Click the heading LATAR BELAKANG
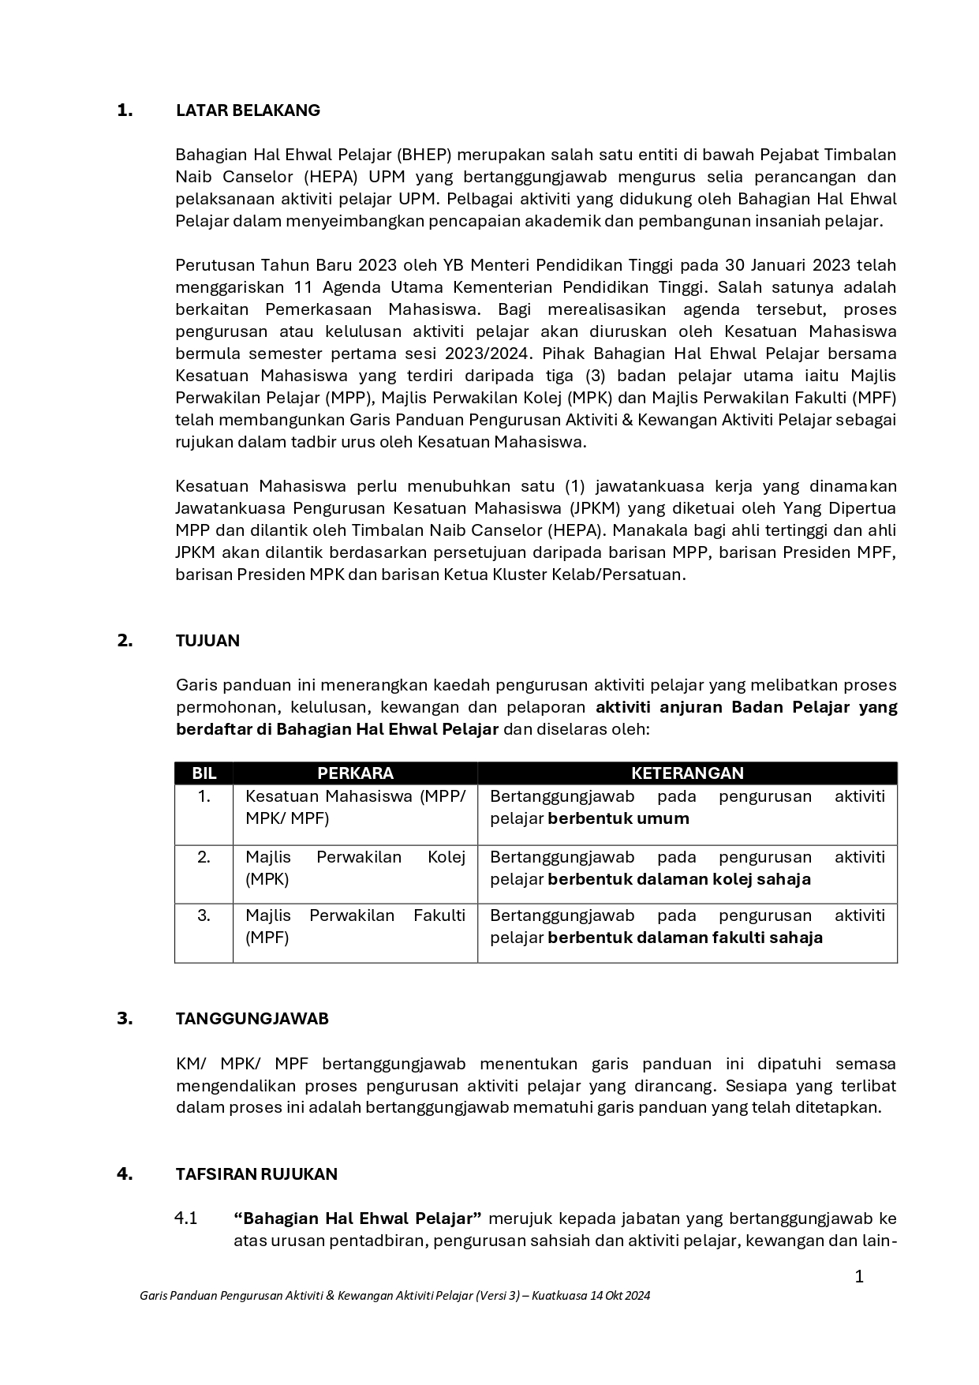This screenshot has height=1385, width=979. tap(248, 110)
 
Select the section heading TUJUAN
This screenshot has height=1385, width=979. tap(207, 641)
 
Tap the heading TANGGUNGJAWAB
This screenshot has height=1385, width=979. tap(252, 1019)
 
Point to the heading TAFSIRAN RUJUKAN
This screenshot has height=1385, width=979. tap(256, 1174)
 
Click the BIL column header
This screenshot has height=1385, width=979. tap(204, 773)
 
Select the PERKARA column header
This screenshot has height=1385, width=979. tap(355, 773)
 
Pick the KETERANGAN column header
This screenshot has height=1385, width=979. tap(687, 773)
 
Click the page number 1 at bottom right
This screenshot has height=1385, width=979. tap(859, 1277)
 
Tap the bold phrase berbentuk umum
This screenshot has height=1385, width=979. tap(618, 818)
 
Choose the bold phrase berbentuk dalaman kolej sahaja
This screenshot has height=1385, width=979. tap(679, 879)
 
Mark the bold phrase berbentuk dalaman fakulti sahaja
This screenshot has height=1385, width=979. tap(685, 938)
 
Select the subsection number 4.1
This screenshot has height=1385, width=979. tap(186, 1218)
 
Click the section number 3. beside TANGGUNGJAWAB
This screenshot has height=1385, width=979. tap(125, 1019)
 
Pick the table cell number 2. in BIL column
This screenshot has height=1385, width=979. tap(204, 857)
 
